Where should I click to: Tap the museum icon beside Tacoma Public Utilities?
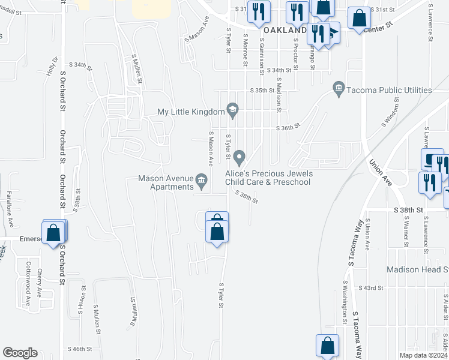(339, 90)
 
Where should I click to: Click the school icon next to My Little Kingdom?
(232, 109)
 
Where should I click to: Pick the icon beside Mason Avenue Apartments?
(202, 179)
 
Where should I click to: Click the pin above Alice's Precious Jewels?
(240, 158)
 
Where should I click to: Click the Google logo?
(20, 353)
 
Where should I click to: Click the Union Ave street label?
(381, 173)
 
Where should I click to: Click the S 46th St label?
(80, 349)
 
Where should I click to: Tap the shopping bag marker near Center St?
(359, 19)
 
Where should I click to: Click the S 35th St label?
(262, 90)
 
